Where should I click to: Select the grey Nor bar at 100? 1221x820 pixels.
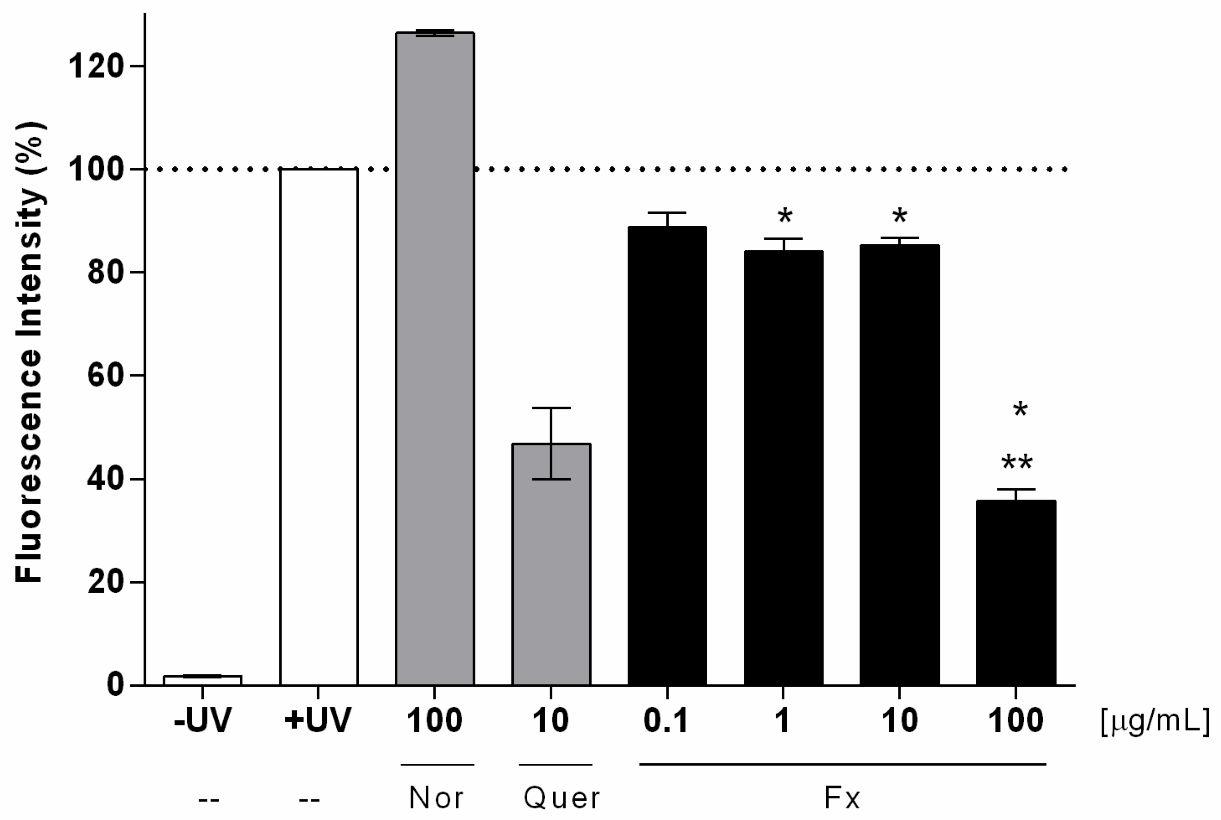click(x=435, y=358)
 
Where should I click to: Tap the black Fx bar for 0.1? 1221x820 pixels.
click(x=667, y=455)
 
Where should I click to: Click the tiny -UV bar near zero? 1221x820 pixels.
click(x=203, y=680)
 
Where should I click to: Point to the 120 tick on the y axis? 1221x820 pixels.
click(x=137, y=66)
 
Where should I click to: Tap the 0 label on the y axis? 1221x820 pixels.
click(x=116, y=685)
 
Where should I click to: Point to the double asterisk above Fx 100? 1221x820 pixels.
click(x=1017, y=463)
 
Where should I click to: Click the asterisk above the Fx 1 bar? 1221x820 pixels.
click(x=785, y=216)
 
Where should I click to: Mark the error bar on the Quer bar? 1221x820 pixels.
click(x=551, y=443)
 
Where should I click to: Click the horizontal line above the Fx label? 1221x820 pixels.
click(x=842, y=764)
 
